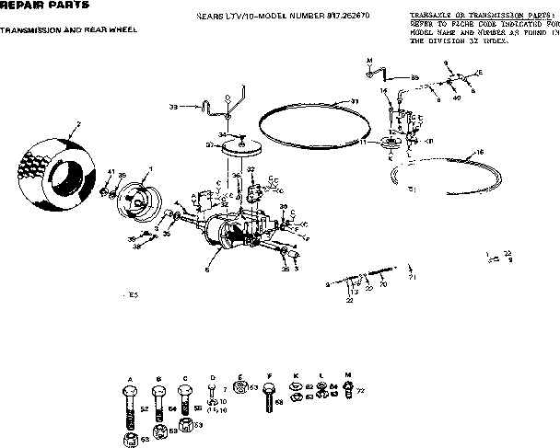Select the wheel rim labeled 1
click(x=137, y=197)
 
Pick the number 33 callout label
click(x=173, y=107)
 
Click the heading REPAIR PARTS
click(x=31, y=6)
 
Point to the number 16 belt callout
click(x=480, y=152)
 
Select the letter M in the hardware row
click(x=346, y=377)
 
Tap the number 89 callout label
click(x=414, y=77)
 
